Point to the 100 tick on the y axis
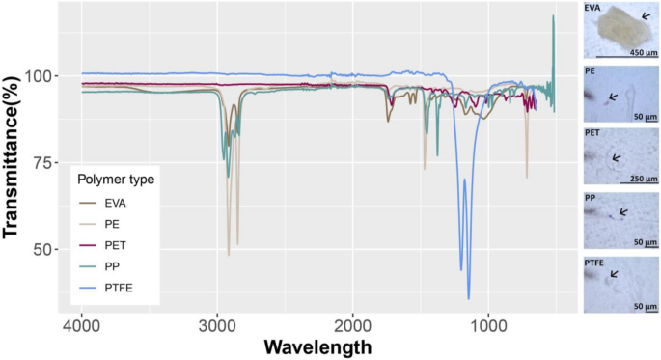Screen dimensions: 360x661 [44, 76]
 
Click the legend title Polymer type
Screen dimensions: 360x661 [116, 180]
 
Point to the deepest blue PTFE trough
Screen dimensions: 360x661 [469, 297]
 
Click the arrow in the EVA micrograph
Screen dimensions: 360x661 [646, 16]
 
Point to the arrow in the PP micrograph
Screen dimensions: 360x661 [623, 211]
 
